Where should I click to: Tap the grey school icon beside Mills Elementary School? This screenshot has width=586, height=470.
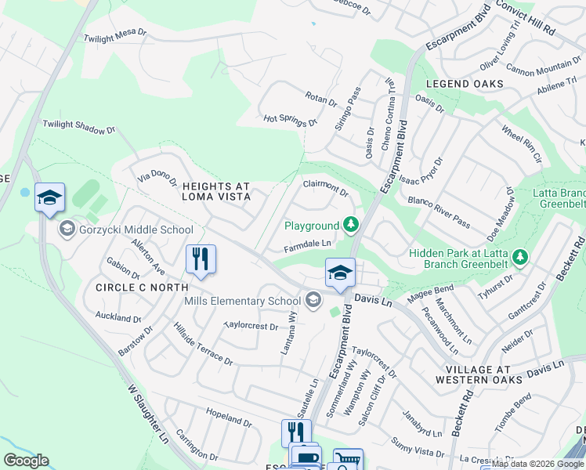pos(313,301)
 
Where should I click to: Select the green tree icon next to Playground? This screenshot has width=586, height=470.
pos(352,226)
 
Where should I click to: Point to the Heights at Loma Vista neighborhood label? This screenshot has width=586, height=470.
pos(216,192)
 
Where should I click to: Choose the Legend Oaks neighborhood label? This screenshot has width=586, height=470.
pos(465,84)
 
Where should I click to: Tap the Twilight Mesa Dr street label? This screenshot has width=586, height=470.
pos(115,37)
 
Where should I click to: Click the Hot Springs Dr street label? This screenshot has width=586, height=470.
pos(290,120)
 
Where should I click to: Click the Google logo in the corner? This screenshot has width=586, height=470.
pos(26,461)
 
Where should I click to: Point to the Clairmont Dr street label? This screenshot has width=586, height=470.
pos(325,186)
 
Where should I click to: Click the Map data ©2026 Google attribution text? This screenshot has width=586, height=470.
pos(536,464)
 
